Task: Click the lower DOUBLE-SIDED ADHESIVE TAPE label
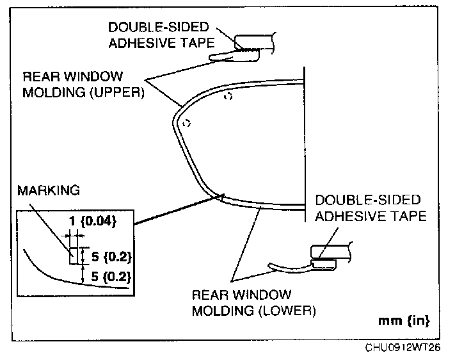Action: (371, 208)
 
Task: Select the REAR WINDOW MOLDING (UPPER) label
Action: (83, 83)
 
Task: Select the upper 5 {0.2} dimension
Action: (109, 257)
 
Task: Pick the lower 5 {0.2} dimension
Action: (109, 277)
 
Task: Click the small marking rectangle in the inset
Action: (74, 256)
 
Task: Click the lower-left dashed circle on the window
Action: (186, 123)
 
